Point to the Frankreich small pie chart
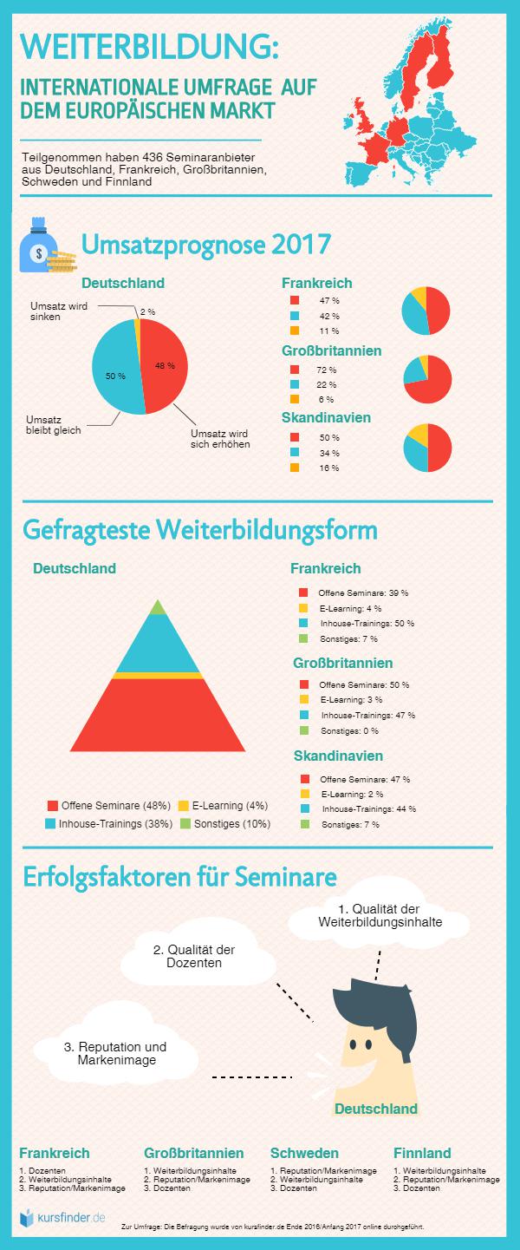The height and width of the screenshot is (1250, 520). [426, 310]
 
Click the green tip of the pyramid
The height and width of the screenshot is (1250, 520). [157, 607]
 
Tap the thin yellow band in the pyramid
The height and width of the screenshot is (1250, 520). [157, 675]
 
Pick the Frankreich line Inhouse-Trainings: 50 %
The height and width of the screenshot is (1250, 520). [367, 623]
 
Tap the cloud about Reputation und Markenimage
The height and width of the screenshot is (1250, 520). [115, 1053]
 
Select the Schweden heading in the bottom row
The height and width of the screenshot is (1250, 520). [304, 1153]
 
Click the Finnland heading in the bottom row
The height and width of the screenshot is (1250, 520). [422, 1153]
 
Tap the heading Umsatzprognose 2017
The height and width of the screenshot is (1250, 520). [205, 245]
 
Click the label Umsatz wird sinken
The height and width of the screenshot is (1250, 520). [57, 311]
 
